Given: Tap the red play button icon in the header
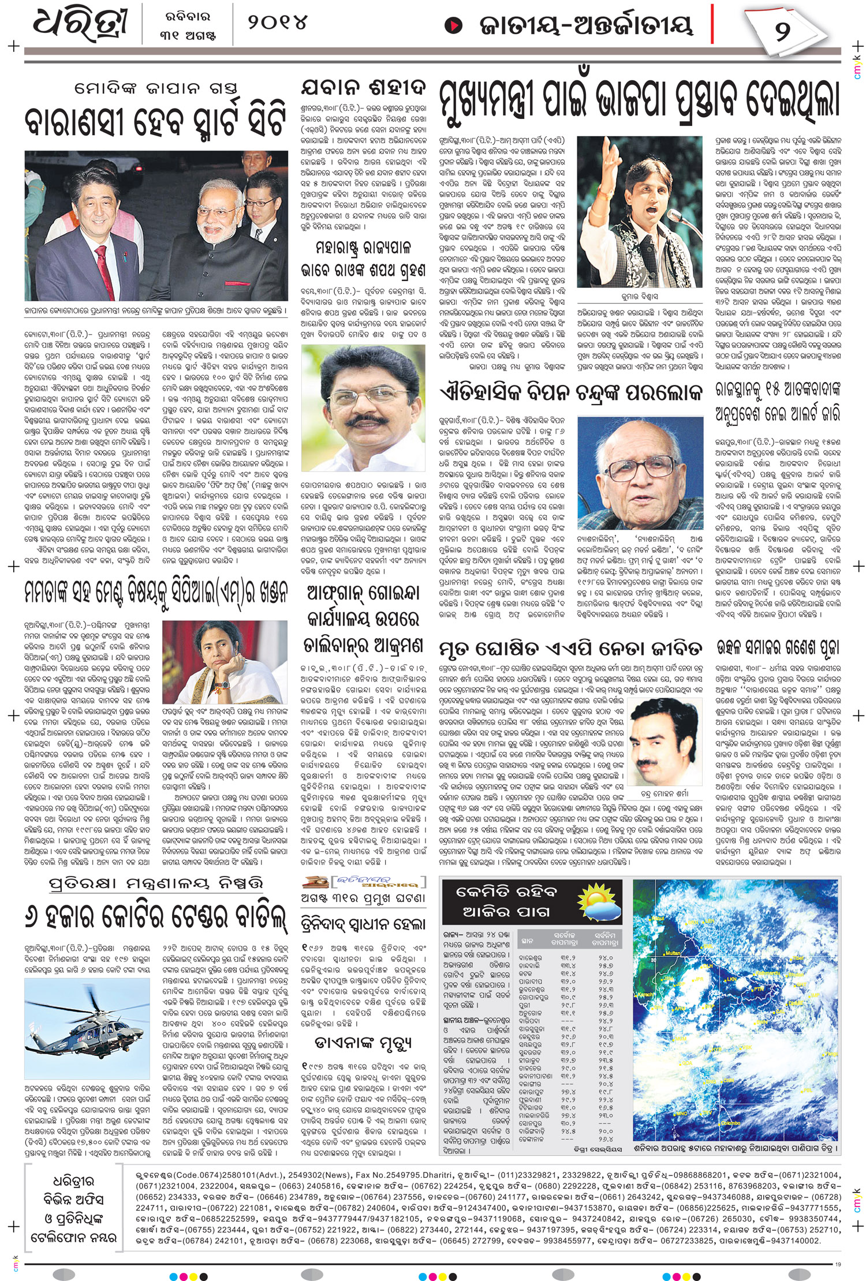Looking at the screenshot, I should [455, 25].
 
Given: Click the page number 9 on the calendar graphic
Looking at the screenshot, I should [783, 30].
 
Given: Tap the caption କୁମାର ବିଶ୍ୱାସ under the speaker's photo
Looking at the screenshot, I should [639, 297].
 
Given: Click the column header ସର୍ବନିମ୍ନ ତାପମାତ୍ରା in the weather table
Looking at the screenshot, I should [606, 938].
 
